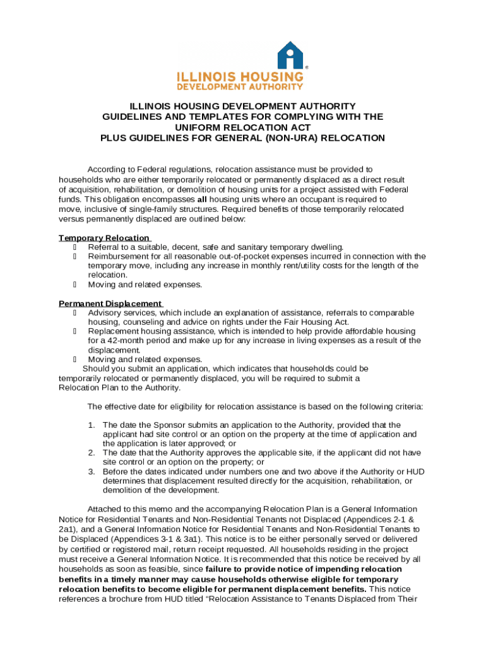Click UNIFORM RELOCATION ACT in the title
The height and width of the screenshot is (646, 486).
point(243,127)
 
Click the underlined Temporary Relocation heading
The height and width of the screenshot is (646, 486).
point(104,238)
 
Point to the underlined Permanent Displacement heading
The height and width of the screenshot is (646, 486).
point(110,303)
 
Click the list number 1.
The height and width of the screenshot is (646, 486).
point(92,425)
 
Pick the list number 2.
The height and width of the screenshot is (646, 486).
point(92,453)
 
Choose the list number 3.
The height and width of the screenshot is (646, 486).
point(92,471)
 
